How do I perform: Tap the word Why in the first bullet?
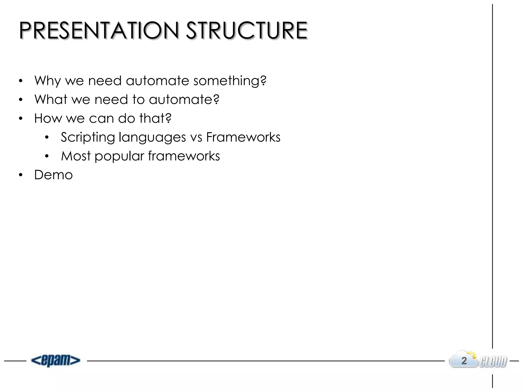[x=48, y=81]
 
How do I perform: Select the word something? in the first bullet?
[x=230, y=81]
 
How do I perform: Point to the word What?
[x=51, y=99]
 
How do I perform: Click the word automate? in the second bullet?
[x=184, y=99]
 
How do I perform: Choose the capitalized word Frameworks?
[x=243, y=137]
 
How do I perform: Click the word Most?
[x=76, y=156]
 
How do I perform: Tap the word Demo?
[x=53, y=175]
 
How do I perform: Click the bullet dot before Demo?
[x=21, y=175]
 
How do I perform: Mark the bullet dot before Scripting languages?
[x=46, y=138]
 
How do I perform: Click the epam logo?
[x=56, y=360]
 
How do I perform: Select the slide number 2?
[x=464, y=361]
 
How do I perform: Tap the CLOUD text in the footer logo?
[x=493, y=362]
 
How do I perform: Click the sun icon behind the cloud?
[x=472, y=355]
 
